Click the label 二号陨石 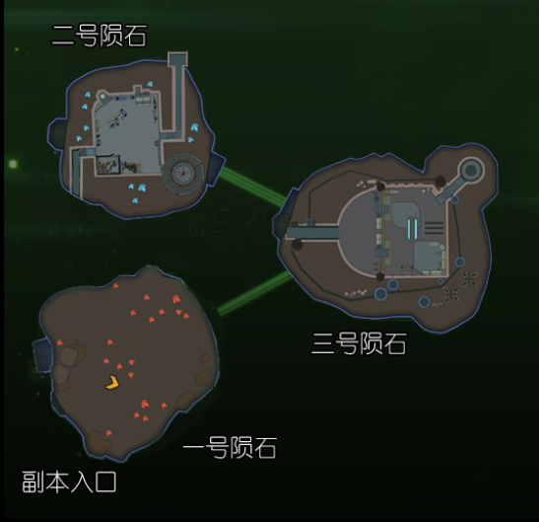tap(99, 36)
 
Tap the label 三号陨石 tap(359, 343)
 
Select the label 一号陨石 tap(230, 448)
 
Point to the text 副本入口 tap(69, 482)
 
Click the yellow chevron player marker tap(112, 383)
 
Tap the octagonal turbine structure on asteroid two tap(183, 174)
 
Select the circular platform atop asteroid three tap(471, 170)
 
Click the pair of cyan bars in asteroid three tap(412, 228)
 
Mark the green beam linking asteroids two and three tap(252, 186)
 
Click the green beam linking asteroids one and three tap(254, 293)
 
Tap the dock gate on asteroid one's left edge tap(42, 354)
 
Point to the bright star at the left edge tap(13, 164)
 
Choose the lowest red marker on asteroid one tap(108, 433)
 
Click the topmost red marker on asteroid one tap(115, 285)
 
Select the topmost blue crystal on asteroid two tap(150, 84)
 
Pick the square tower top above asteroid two tap(177, 59)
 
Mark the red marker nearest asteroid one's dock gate tap(59, 342)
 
